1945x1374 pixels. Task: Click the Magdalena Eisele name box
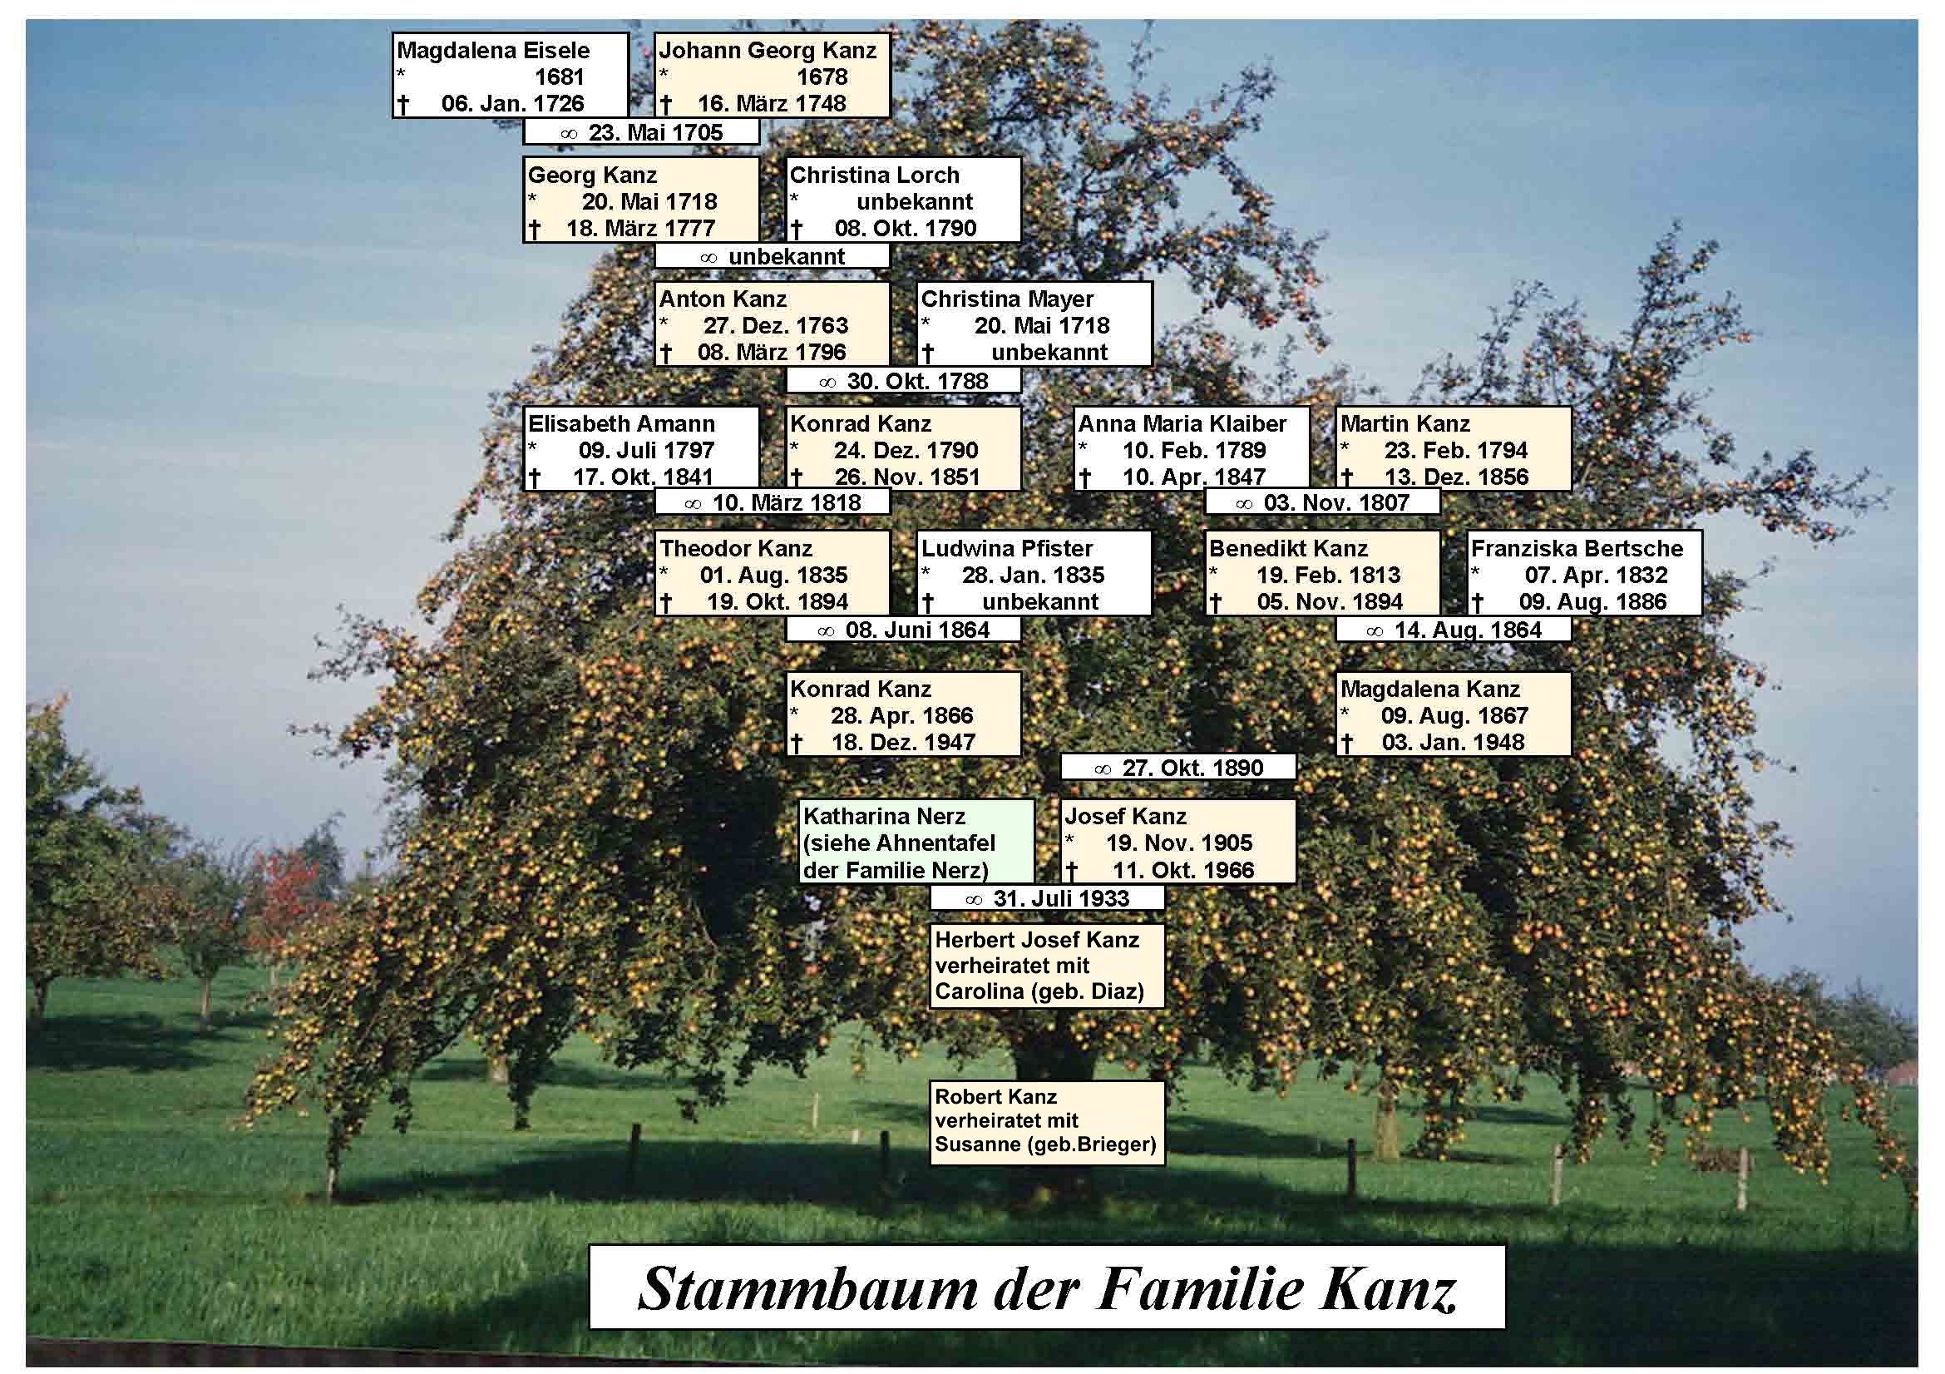[510, 76]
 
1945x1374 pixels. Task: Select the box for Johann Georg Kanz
[772, 76]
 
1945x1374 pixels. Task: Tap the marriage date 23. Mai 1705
[641, 132]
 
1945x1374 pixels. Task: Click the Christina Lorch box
[903, 200]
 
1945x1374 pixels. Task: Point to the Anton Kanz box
[772, 324]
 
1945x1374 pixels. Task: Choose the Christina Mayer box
[1034, 324]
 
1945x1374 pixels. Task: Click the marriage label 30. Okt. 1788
[903, 381]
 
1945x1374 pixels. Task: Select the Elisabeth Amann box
[641, 449]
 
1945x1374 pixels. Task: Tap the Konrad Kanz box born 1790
[903, 449]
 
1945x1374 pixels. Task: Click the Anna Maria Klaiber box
[1192, 449]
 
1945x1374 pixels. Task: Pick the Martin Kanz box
[1453, 449]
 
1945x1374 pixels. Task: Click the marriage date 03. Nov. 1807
[1321, 502]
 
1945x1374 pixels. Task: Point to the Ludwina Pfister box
[1034, 574]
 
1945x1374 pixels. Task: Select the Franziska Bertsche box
[1584, 574]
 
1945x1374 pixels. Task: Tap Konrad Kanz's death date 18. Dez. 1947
[903, 743]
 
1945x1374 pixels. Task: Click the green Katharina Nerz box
[916, 842]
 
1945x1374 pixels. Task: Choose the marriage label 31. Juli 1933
[1047, 898]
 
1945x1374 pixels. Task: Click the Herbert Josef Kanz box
[1047, 966]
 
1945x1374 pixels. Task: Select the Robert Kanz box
[1047, 1121]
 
